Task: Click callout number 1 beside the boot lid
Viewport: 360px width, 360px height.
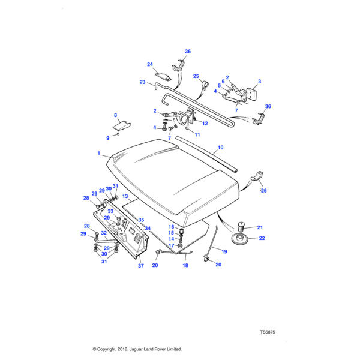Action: (x=98, y=154)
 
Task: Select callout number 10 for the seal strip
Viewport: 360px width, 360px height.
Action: (x=220, y=147)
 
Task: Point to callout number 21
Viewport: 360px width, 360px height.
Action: (x=260, y=227)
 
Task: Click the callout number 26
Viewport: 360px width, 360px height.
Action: (x=263, y=191)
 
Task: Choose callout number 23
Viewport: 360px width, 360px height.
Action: (x=143, y=82)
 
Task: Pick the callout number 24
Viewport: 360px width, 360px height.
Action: (x=150, y=65)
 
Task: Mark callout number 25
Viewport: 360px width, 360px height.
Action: (x=196, y=76)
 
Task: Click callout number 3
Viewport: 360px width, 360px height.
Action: (x=260, y=81)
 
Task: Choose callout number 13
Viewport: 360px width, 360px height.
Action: (x=125, y=196)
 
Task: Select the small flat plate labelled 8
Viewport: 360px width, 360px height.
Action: (x=122, y=125)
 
